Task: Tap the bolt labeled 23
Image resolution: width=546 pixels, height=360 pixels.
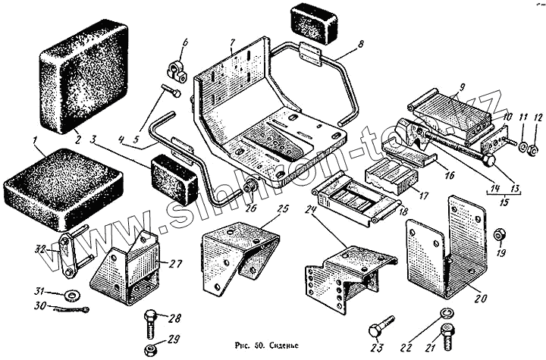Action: pos(378,330)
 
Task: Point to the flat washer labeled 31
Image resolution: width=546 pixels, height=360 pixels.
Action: pos(74,293)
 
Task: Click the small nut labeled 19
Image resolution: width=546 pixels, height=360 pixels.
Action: pos(498,233)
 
